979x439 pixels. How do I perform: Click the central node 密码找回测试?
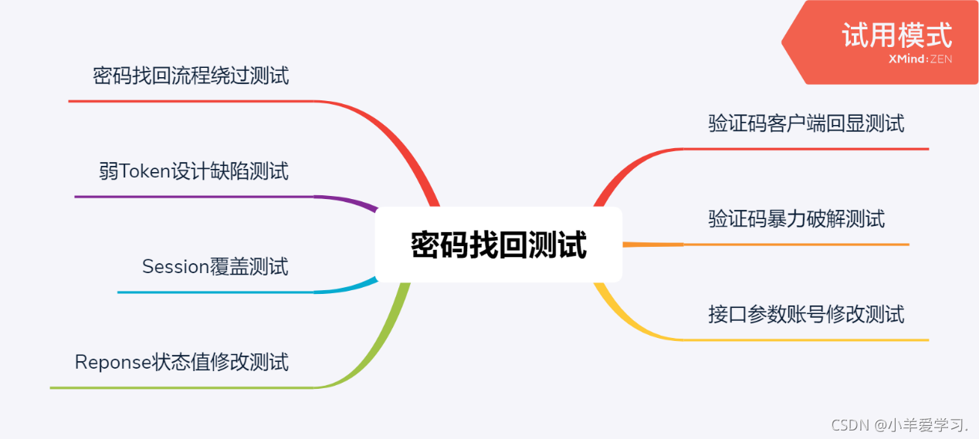pyautogui.click(x=498, y=245)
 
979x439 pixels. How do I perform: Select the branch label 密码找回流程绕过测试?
pyautogui.click(x=191, y=76)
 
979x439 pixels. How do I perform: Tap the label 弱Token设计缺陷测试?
pyautogui.click(x=194, y=171)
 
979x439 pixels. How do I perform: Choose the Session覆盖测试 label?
pyautogui.click(x=215, y=267)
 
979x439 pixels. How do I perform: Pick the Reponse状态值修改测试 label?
pyautogui.click(x=181, y=362)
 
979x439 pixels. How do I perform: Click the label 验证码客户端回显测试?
pyautogui.click(x=806, y=123)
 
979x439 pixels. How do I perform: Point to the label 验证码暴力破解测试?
pyautogui.click(x=796, y=219)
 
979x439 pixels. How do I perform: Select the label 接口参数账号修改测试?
pyautogui.click(x=806, y=315)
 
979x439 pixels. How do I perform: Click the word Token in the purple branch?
pyautogui.click(x=144, y=171)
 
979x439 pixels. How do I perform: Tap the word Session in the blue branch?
pyautogui.click(x=175, y=267)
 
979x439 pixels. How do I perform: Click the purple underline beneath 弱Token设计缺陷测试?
pyautogui.click(x=193, y=197)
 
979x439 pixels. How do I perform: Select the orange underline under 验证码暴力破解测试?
pyautogui.click(x=795, y=245)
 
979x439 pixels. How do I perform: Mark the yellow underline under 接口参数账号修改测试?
pyautogui.click(x=806, y=339)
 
